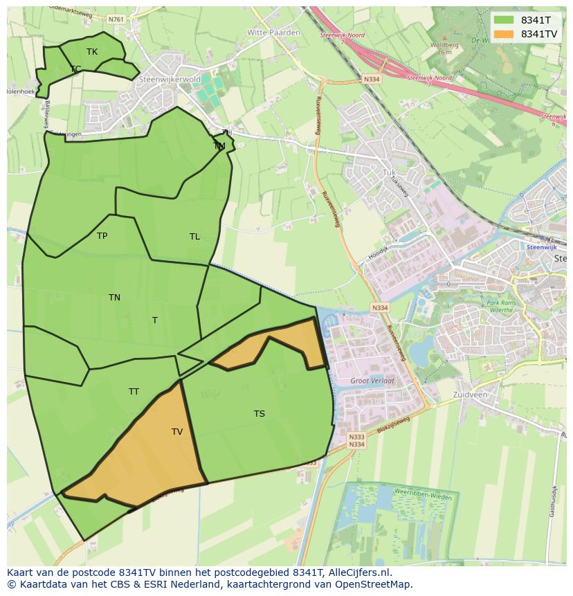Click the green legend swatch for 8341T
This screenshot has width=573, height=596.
pos(504,20)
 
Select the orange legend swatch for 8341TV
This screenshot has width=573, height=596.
pos(504,34)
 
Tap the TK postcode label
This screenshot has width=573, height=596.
pos(92,52)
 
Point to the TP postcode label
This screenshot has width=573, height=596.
pos(102,236)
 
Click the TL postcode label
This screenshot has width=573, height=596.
pos(194,237)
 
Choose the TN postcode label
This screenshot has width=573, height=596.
pos(114,298)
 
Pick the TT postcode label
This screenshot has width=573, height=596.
pos(134,392)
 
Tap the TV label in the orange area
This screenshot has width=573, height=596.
pos(177,432)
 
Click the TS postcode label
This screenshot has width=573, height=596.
pos(259,414)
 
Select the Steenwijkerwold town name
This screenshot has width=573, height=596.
pos(170,80)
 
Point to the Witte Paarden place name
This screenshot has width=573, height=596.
pos(273,33)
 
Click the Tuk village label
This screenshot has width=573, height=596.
pos(388,172)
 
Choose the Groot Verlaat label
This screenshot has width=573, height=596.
pos(372,381)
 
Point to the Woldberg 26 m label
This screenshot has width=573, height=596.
pos(444,48)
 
